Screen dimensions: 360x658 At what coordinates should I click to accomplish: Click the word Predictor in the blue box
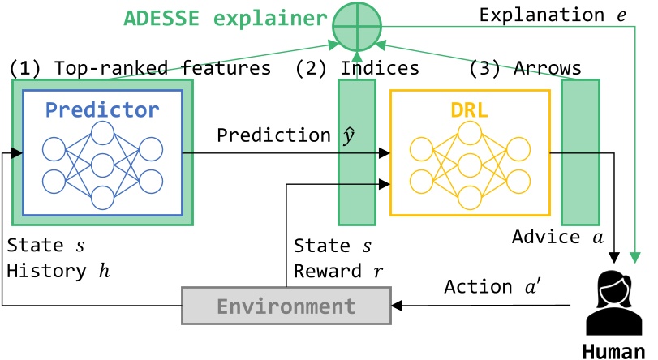(x=103, y=109)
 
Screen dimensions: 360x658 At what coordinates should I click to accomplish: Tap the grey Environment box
(x=286, y=306)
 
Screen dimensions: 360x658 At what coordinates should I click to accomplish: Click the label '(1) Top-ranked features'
(x=140, y=69)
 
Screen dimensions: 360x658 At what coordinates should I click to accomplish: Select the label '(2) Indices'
(x=357, y=69)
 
